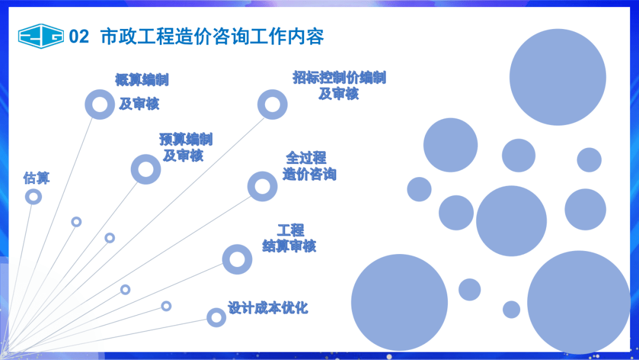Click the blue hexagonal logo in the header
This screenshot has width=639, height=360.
coord(40,36)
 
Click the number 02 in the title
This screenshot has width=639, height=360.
coord(79,37)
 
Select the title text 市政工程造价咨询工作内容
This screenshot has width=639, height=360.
coord(212,36)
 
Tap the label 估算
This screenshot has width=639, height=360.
coord(36,177)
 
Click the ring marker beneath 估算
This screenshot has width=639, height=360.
coord(34,197)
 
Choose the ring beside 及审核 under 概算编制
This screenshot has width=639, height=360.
coord(99,105)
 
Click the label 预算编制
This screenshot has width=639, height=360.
coord(186,140)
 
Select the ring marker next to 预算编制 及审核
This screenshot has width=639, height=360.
coord(146,169)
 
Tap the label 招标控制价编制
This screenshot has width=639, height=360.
coord(339,78)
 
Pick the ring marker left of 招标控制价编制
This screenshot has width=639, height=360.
coord(272,105)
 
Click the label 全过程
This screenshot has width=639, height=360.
coord(306,158)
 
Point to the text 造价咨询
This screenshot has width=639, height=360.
coord(309,175)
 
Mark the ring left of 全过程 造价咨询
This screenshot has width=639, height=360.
coord(262,187)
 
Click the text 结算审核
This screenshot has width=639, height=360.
coord(289,246)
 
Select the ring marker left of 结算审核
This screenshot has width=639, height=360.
coord(237,259)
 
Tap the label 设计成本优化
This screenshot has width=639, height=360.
coord(268,308)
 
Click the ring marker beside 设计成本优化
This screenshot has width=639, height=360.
coord(217,317)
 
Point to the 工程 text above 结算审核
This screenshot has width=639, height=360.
coord(291,230)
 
